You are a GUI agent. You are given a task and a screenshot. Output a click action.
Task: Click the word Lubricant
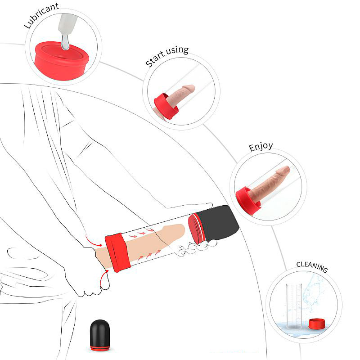[41, 15]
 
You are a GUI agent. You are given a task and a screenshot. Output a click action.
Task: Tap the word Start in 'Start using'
[155, 60]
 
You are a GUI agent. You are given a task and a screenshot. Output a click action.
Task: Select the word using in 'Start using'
[177, 50]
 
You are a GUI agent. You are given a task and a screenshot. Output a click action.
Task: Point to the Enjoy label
[261, 147]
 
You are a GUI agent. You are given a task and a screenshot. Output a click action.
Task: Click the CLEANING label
[312, 266]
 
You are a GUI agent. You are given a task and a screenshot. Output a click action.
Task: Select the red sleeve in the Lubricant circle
[62, 61]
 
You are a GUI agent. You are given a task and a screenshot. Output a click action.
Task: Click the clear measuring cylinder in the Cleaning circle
[294, 306]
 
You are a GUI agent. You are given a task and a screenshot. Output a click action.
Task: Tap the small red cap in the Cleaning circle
[317, 324]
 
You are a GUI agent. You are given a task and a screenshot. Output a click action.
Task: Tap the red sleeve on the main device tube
[117, 252]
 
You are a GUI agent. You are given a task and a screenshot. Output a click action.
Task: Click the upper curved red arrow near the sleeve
[93, 241]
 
